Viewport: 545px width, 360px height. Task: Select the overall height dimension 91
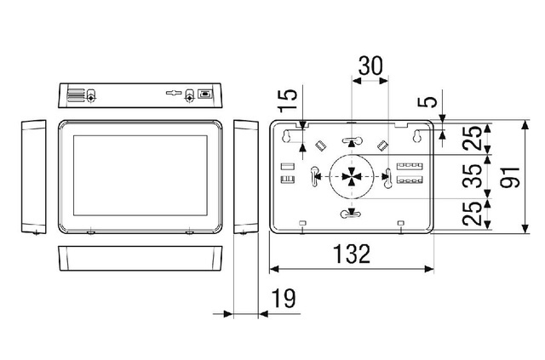(510, 178)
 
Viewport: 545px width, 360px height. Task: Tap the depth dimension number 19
(284, 299)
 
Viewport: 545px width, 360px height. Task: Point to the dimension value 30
(370, 66)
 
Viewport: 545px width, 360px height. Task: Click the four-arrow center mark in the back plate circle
(351, 177)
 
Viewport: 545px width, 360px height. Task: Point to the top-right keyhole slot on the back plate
(418, 137)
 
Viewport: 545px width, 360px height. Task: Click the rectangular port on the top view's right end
(204, 94)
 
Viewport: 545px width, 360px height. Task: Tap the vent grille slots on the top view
(76, 94)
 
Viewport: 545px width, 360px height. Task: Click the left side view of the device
(34, 177)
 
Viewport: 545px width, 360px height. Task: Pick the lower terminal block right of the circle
(408, 181)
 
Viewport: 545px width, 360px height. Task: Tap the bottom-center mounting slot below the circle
(351, 214)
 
